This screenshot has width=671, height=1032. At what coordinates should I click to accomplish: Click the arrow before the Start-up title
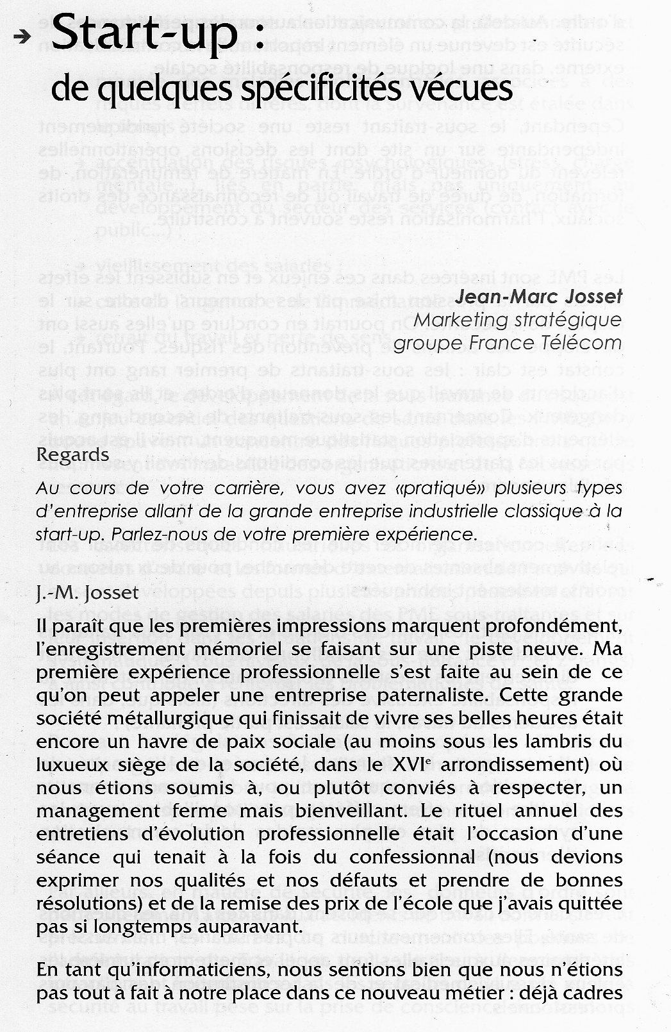pyautogui.click(x=22, y=38)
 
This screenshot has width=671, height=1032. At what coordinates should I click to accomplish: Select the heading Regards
pyautogui.click(x=73, y=454)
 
